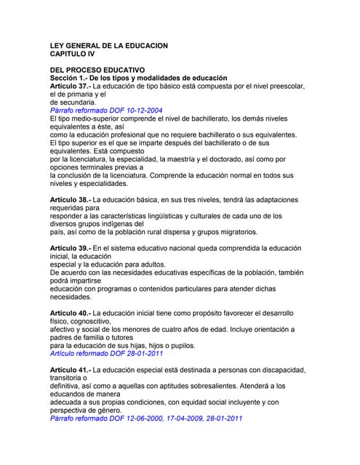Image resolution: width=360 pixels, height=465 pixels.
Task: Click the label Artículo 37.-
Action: point(71,86)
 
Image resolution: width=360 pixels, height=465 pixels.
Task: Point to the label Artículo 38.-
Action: point(71,200)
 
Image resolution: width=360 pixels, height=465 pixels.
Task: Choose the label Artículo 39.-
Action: point(71,248)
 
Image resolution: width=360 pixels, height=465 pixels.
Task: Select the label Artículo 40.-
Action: point(71,313)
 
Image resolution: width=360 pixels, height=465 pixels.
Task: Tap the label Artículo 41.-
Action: point(71,370)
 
